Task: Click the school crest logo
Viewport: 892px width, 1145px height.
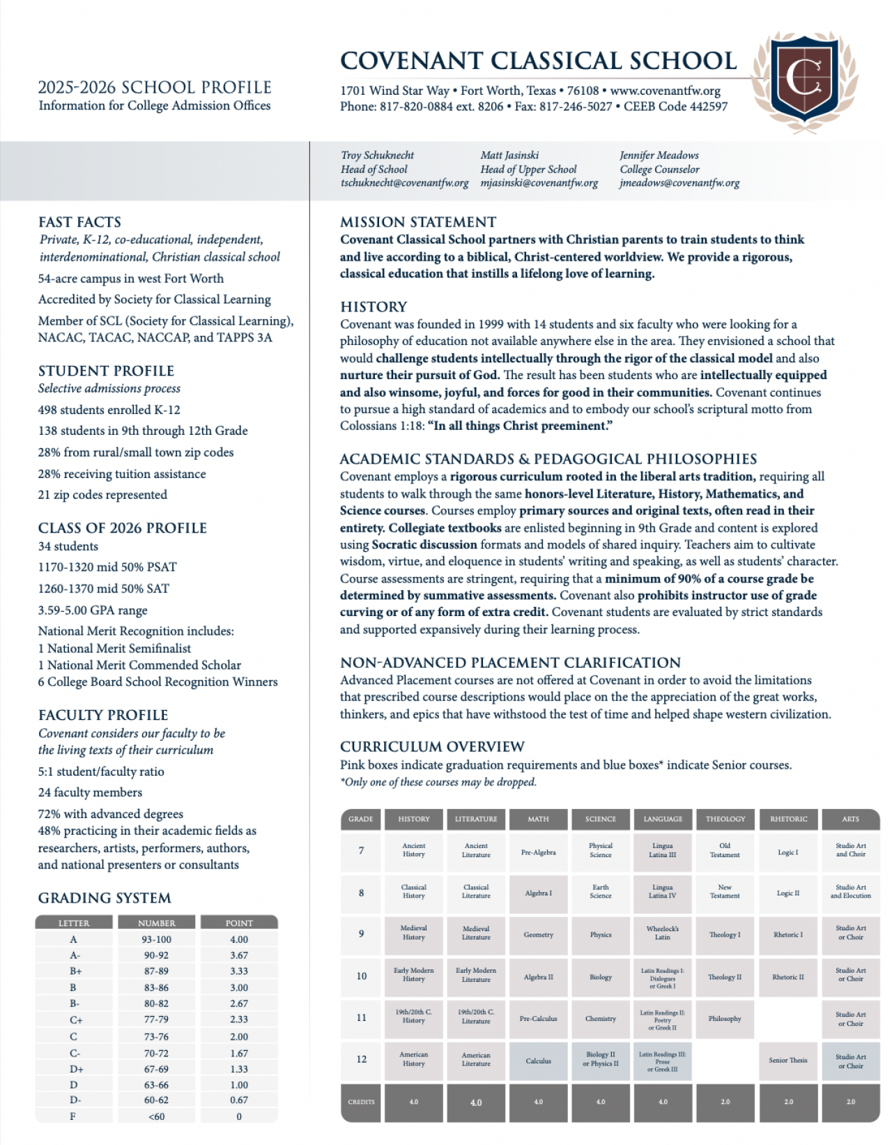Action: point(805,80)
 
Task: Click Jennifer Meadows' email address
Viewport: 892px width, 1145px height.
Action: point(679,183)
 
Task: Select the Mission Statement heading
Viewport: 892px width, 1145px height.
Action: point(418,222)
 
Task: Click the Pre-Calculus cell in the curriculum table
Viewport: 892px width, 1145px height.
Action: point(538,1019)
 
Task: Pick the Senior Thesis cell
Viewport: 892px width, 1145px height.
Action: point(788,1061)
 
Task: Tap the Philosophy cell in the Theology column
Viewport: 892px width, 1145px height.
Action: point(725,1019)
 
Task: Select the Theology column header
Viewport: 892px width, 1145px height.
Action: point(725,819)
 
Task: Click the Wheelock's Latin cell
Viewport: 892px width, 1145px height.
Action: point(662,933)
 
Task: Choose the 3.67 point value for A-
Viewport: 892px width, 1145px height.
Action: point(239,955)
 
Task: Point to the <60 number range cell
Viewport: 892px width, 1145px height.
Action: point(157,1116)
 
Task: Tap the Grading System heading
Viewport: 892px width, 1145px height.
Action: point(105,898)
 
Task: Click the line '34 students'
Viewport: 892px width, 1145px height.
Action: point(68,546)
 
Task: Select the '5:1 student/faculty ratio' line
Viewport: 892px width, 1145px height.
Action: point(101,771)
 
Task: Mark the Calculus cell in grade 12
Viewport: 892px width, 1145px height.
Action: point(538,1061)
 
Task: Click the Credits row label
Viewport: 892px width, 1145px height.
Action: point(361,1102)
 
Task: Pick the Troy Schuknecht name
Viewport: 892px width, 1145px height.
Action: point(377,155)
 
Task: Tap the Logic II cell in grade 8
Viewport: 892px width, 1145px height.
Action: point(788,893)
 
